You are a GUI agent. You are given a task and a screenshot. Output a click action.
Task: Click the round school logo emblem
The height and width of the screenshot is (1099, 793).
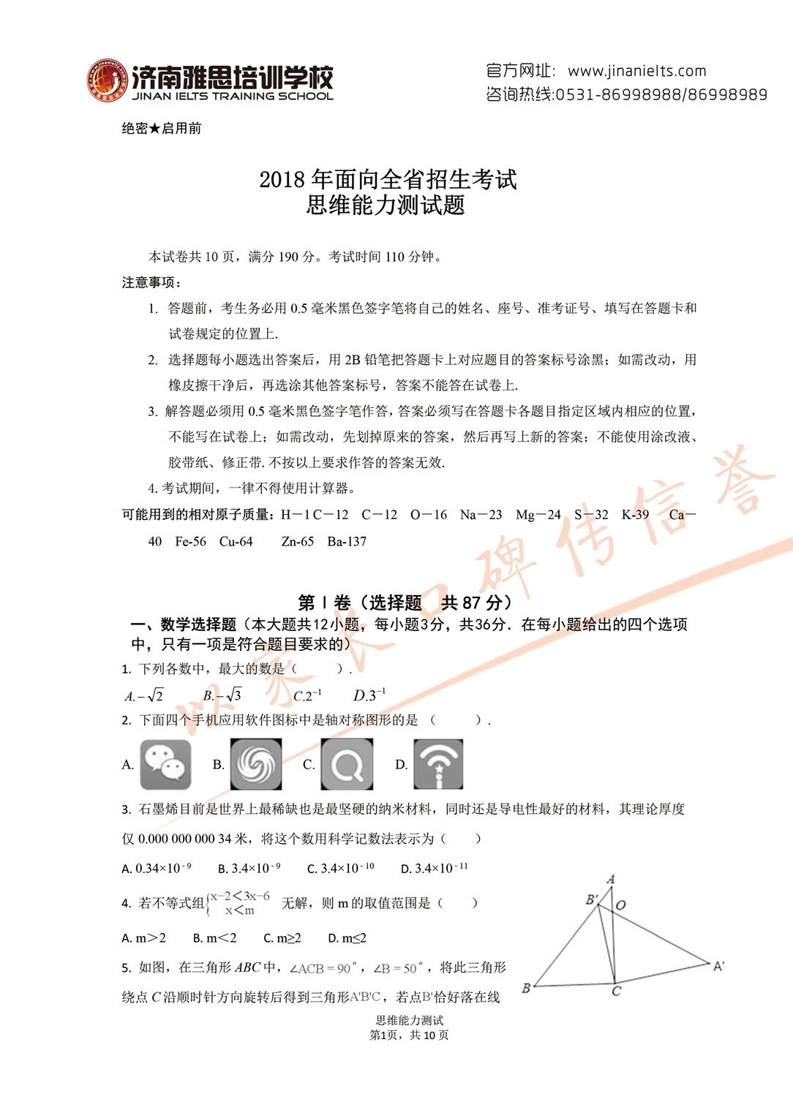107,80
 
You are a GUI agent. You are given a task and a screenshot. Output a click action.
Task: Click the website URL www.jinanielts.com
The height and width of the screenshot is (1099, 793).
636,71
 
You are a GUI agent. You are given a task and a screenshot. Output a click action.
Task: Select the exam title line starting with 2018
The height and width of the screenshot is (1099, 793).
388,179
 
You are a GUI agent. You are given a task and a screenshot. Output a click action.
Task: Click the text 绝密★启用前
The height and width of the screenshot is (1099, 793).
162,129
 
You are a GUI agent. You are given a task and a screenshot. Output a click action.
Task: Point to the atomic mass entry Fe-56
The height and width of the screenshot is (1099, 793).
190,542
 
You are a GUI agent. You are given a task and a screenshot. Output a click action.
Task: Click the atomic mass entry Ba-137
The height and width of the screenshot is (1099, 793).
347,542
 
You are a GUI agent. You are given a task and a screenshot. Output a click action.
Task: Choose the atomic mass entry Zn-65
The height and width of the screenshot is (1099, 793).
297,542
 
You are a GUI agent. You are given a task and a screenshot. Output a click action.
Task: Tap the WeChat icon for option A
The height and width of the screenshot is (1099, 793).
165,764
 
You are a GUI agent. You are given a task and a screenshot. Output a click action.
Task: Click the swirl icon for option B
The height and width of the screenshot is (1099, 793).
256,764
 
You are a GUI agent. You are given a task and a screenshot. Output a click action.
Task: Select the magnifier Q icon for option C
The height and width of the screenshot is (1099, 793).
347,764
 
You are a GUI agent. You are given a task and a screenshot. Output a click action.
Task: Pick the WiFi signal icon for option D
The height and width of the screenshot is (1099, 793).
438,764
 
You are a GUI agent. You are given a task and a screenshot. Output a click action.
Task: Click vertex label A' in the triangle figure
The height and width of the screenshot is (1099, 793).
719,966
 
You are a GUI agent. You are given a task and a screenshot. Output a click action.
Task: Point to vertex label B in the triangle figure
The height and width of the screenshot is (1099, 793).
526,988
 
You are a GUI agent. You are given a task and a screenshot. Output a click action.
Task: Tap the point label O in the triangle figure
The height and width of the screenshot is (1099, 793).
621,905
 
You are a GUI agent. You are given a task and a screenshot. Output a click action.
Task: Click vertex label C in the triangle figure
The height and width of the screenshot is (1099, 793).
617,992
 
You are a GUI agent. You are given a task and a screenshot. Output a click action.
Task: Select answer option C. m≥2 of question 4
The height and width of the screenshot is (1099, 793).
282,938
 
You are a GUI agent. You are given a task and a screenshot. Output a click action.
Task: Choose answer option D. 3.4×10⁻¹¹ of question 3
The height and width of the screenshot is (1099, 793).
434,868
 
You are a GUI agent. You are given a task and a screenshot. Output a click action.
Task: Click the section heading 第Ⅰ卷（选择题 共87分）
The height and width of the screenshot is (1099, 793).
405,603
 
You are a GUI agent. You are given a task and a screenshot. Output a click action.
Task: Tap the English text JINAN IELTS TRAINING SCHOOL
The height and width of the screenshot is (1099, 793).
233,96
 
